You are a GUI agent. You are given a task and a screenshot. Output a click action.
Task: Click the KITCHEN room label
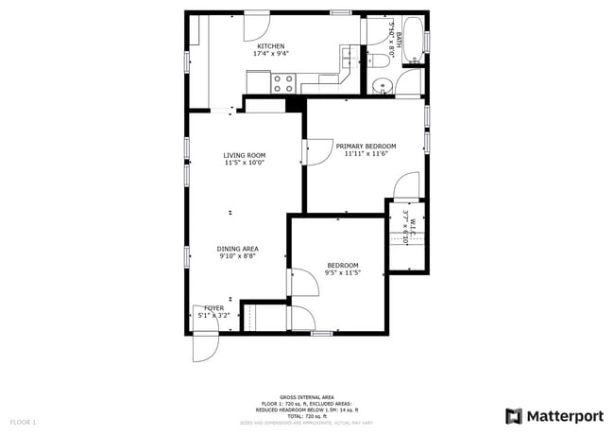click(x=271, y=46)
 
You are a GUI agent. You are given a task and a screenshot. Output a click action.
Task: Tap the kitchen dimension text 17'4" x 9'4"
click(x=271, y=54)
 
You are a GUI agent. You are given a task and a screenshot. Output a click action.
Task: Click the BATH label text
click(x=399, y=39)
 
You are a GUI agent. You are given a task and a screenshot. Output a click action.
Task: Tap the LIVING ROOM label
click(x=244, y=155)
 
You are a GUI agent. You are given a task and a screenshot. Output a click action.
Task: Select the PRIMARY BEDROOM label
click(x=367, y=146)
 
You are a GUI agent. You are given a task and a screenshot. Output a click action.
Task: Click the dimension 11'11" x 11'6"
click(x=367, y=153)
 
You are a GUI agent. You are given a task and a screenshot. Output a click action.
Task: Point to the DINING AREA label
click(x=238, y=248)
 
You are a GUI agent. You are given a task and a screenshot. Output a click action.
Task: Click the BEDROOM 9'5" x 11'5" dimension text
click(x=342, y=272)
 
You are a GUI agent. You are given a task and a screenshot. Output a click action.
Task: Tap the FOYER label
click(x=213, y=308)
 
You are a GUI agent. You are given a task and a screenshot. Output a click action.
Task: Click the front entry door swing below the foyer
click(x=204, y=347)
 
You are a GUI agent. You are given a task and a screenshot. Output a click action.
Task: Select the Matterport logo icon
click(x=514, y=416)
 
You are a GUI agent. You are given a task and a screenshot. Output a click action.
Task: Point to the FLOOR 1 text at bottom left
click(x=23, y=421)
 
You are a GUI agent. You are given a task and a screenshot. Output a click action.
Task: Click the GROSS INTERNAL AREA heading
click(x=307, y=397)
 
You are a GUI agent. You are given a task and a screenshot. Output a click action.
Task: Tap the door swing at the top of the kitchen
click(x=258, y=26)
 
